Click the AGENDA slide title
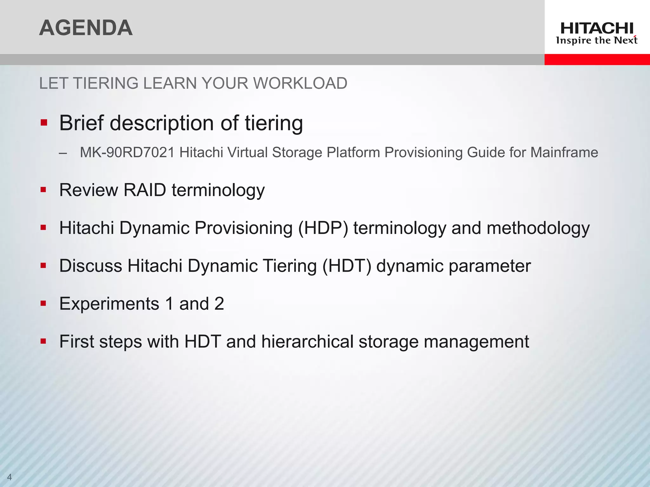(x=86, y=28)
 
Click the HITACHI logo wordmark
(x=597, y=29)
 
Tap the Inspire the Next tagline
(x=597, y=41)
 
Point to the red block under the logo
(x=597, y=59)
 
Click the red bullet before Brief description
(x=44, y=123)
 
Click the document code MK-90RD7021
(x=127, y=153)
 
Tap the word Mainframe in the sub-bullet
(x=564, y=153)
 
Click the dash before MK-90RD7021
(x=63, y=153)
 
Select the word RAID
(x=145, y=190)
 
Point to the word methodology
(x=538, y=228)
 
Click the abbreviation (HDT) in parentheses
(x=347, y=266)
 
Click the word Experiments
(x=109, y=304)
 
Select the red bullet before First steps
(x=44, y=341)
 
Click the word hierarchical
(x=307, y=342)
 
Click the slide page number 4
(x=9, y=477)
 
